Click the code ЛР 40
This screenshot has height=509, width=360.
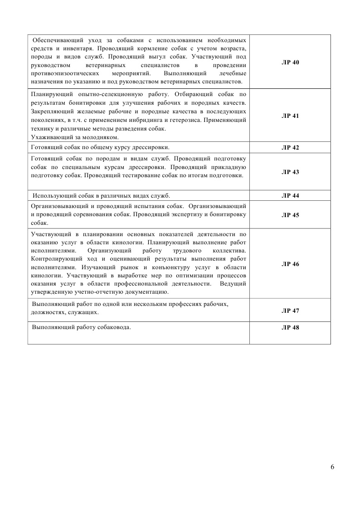point(290,62)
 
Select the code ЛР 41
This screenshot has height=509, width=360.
point(290,116)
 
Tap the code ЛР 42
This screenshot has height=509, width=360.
point(290,148)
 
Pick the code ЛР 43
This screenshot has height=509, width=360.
point(290,172)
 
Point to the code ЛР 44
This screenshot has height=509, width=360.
point(290,196)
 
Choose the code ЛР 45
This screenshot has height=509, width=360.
point(290,215)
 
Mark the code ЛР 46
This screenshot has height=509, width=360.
point(290,264)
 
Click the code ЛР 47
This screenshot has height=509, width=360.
point(290,311)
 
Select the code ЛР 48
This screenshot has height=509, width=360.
point(290,328)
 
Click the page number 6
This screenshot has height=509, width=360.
point(333,468)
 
